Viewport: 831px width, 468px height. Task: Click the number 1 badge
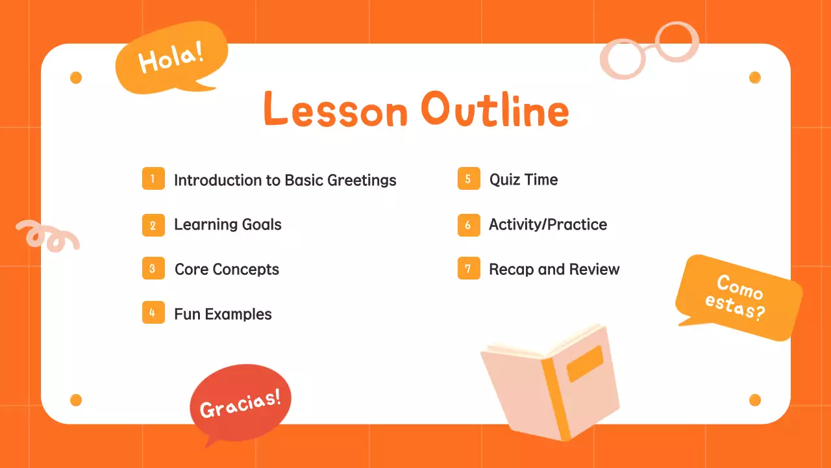pyautogui.click(x=153, y=179)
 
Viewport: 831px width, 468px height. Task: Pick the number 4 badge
pyautogui.click(x=153, y=313)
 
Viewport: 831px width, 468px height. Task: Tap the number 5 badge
pyautogui.click(x=468, y=179)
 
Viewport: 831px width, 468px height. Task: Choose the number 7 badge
pyautogui.click(x=468, y=268)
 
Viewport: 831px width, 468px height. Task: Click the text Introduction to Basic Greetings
pyautogui.click(x=285, y=180)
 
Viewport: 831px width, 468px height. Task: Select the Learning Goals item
pyautogui.click(x=228, y=225)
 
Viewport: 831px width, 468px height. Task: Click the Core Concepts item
pyautogui.click(x=227, y=270)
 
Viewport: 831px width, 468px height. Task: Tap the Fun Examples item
pyautogui.click(x=223, y=315)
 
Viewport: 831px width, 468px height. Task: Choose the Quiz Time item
pyautogui.click(x=523, y=180)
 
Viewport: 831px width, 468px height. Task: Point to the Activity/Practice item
pyautogui.click(x=548, y=225)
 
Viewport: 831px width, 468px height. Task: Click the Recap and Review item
pyautogui.click(x=554, y=270)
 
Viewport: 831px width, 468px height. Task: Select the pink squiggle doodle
pyautogui.click(x=47, y=235)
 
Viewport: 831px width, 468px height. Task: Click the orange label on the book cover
pyautogui.click(x=585, y=363)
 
